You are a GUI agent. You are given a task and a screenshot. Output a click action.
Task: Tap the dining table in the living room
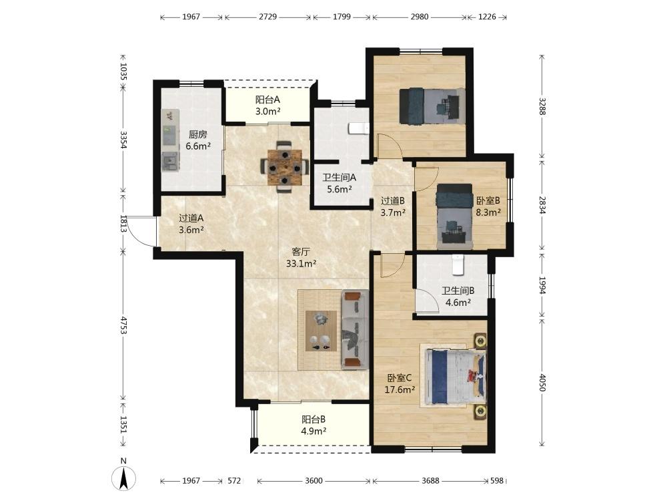point(285,167)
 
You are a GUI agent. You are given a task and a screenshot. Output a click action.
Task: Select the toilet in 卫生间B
point(458,264)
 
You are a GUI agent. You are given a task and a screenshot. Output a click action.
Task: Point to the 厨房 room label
point(198,135)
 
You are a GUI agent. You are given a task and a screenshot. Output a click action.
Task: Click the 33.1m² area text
point(301,263)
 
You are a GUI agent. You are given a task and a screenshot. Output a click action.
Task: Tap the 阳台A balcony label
point(267,100)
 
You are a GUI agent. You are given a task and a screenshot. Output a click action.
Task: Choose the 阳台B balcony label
point(313,420)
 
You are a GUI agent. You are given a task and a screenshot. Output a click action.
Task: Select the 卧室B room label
point(488,200)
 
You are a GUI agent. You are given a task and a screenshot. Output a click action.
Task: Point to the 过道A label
point(191,218)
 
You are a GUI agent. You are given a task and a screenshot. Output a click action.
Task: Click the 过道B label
point(393,200)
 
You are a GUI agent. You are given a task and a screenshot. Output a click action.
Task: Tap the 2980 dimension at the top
point(420,17)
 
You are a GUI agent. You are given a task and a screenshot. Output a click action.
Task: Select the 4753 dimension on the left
point(123,325)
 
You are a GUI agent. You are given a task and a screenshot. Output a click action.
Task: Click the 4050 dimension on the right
point(542,382)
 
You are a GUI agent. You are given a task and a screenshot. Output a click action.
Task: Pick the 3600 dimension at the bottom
point(313,480)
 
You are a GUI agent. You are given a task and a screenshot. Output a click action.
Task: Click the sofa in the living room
point(356,330)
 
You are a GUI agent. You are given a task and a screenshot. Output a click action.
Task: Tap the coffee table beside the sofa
point(321,331)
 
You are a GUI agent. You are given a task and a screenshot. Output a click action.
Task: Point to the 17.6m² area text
point(400,389)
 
